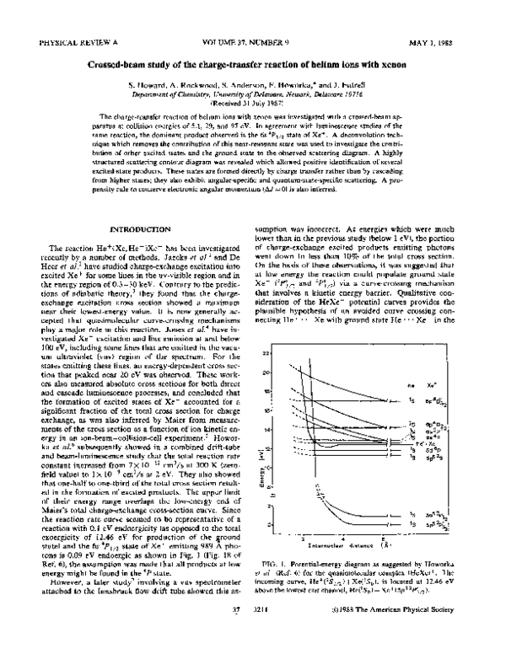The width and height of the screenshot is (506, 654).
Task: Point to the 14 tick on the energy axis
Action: [x=291, y=429]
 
